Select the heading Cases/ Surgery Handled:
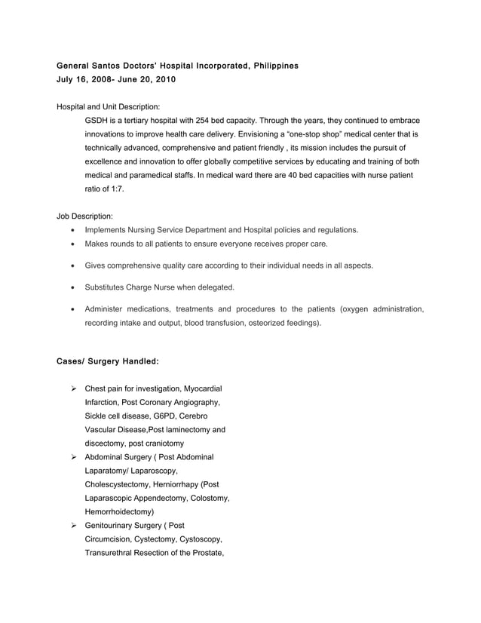coord(108,361)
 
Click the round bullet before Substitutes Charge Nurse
coord(72,287)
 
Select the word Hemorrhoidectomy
coord(119,511)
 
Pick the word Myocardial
coord(198,389)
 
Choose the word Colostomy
coord(208,498)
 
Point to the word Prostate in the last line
coord(204,552)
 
